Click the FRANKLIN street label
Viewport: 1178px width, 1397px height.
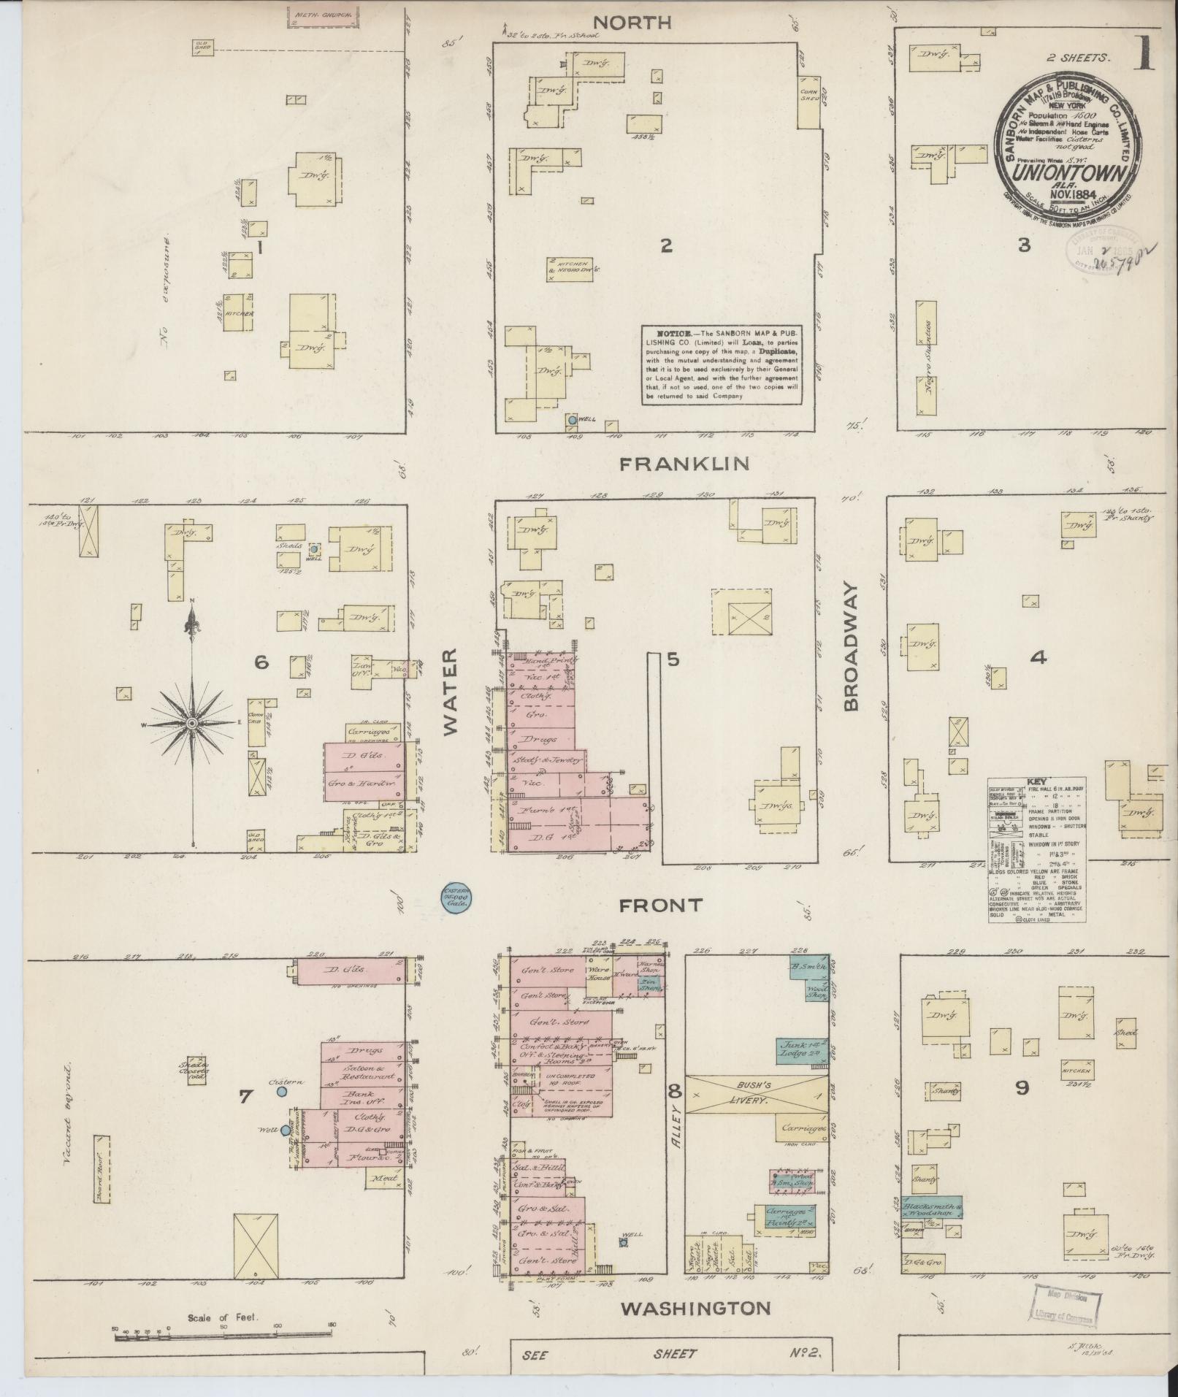[684, 463]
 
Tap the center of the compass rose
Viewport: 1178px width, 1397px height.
[192, 723]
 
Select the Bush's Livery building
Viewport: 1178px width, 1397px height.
[757, 1094]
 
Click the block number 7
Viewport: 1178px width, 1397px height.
[245, 1096]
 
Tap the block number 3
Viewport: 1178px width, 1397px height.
[1024, 245]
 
